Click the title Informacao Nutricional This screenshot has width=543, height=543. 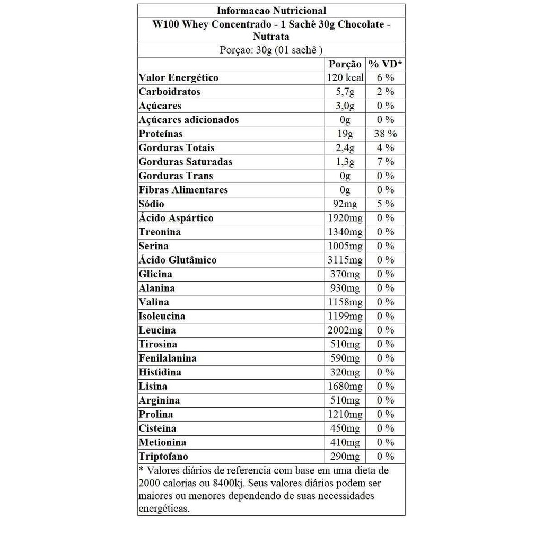tap(271, 11)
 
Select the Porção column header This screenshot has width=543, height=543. tap(345, 64)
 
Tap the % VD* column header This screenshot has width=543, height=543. tap(386, 64)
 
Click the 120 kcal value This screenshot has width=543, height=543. tap(345, 78)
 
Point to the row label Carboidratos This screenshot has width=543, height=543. tap(170, 92)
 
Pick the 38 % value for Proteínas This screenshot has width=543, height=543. tap(386, 134)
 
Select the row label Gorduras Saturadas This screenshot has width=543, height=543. tap(186, 162)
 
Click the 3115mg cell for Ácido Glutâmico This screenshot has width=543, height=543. tap(345, 260)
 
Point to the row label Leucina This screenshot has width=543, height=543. tap(157, 330)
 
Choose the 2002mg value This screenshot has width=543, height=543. tap(345, 330)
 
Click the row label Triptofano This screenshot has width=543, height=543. tap(163, 456)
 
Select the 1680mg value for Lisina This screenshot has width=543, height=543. tap(345, 386)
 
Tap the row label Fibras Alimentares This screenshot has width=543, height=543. tap(183, 190)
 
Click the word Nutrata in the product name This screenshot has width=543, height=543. tap(271, 37)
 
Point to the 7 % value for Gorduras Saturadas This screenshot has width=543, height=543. tap(386, 162)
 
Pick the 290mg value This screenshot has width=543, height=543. tap(345, 456)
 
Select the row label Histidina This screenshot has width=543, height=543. tap(160, 372)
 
